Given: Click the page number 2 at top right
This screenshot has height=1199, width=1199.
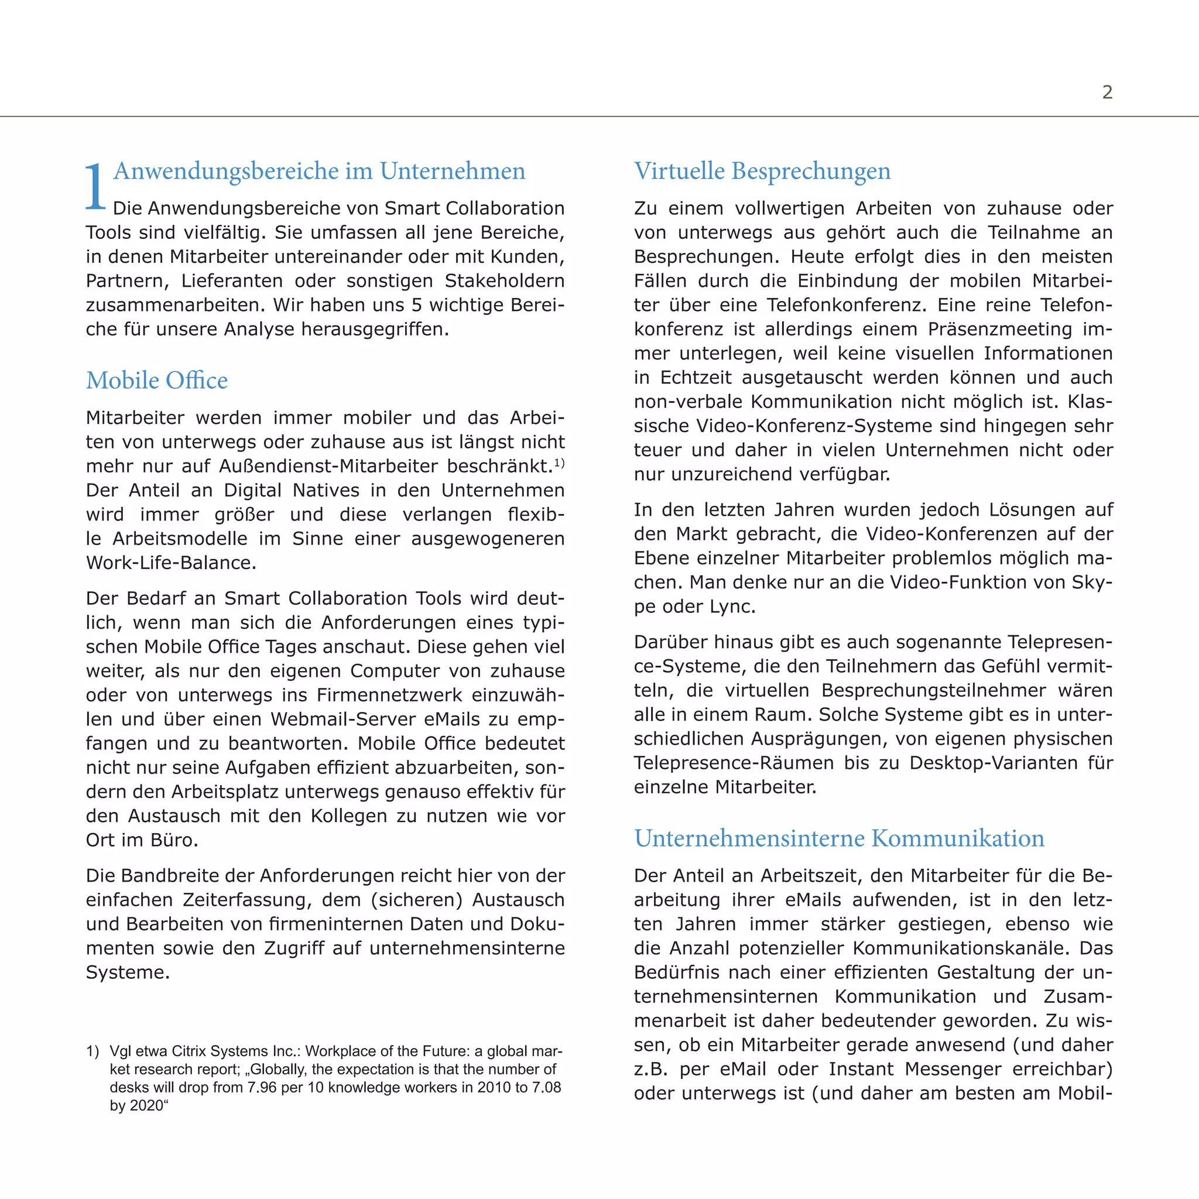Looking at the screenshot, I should click(1107, 93).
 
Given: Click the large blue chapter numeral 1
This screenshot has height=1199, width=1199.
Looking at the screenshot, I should click(95, 186).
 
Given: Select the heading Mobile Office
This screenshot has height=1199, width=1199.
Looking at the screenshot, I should click(157, 381).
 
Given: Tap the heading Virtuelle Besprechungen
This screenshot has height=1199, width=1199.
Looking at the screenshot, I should click(762, 171).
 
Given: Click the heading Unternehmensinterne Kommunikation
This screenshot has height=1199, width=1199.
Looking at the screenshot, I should click(839, 838).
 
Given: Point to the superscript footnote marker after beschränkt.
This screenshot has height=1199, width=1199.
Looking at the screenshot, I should click(559, 463).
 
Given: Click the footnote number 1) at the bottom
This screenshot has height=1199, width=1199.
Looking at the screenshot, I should click(93, 1051).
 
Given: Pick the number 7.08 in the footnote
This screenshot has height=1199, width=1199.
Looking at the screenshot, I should click(546, 1087).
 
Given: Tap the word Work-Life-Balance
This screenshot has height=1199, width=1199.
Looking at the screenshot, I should click(171, 563).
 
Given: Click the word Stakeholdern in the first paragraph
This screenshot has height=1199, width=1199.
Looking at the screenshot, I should click(504, 281).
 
